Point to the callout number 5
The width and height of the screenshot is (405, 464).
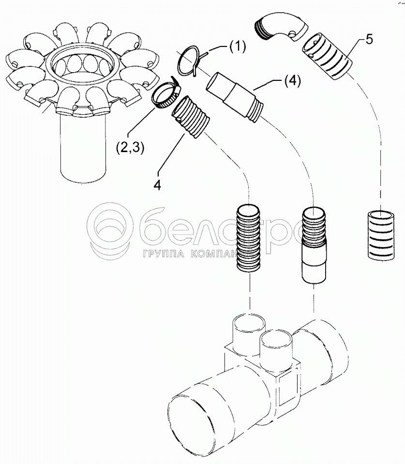(x=369, y=39)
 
